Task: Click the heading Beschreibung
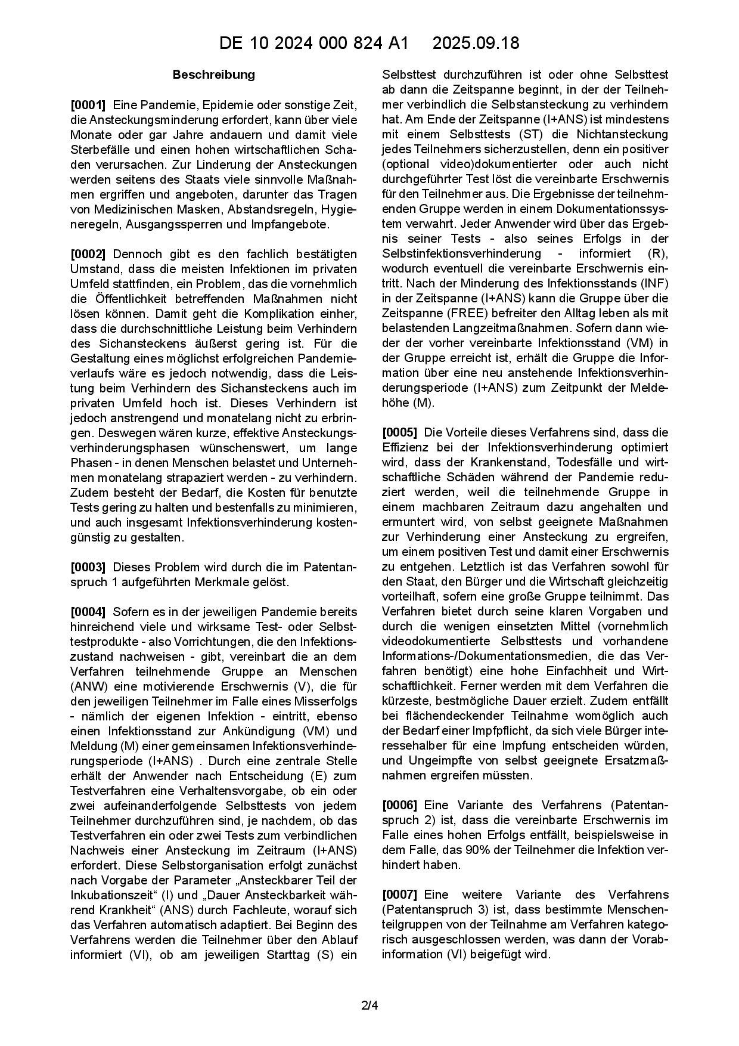pos(213,75)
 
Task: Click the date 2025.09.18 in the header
pos(476,43)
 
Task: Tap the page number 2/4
pos(369,1006)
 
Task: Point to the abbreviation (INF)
pos(654,283)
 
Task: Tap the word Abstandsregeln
pos(272,209)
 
